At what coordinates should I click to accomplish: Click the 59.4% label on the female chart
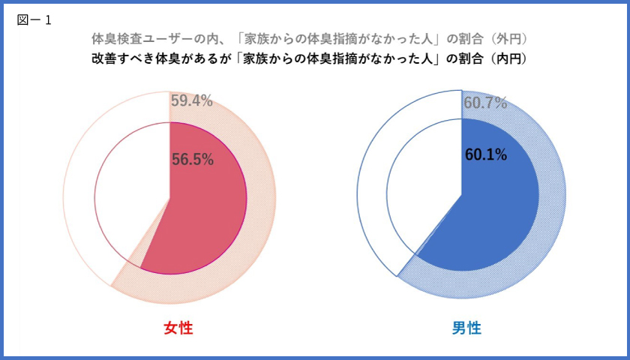[x=191, y=100]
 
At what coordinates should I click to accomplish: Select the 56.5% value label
[x=193, y=159]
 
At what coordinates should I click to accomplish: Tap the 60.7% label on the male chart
[x=484, y=103]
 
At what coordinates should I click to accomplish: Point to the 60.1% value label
[x=486, y=155]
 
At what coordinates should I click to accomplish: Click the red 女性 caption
[x=178, y=328]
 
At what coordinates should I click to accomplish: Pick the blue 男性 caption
[x=466, y=328]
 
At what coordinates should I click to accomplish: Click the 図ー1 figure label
[x=34, y=20]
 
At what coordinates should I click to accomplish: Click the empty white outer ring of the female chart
[x=79, y=187]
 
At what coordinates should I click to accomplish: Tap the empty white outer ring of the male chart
[x=372, y=187]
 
